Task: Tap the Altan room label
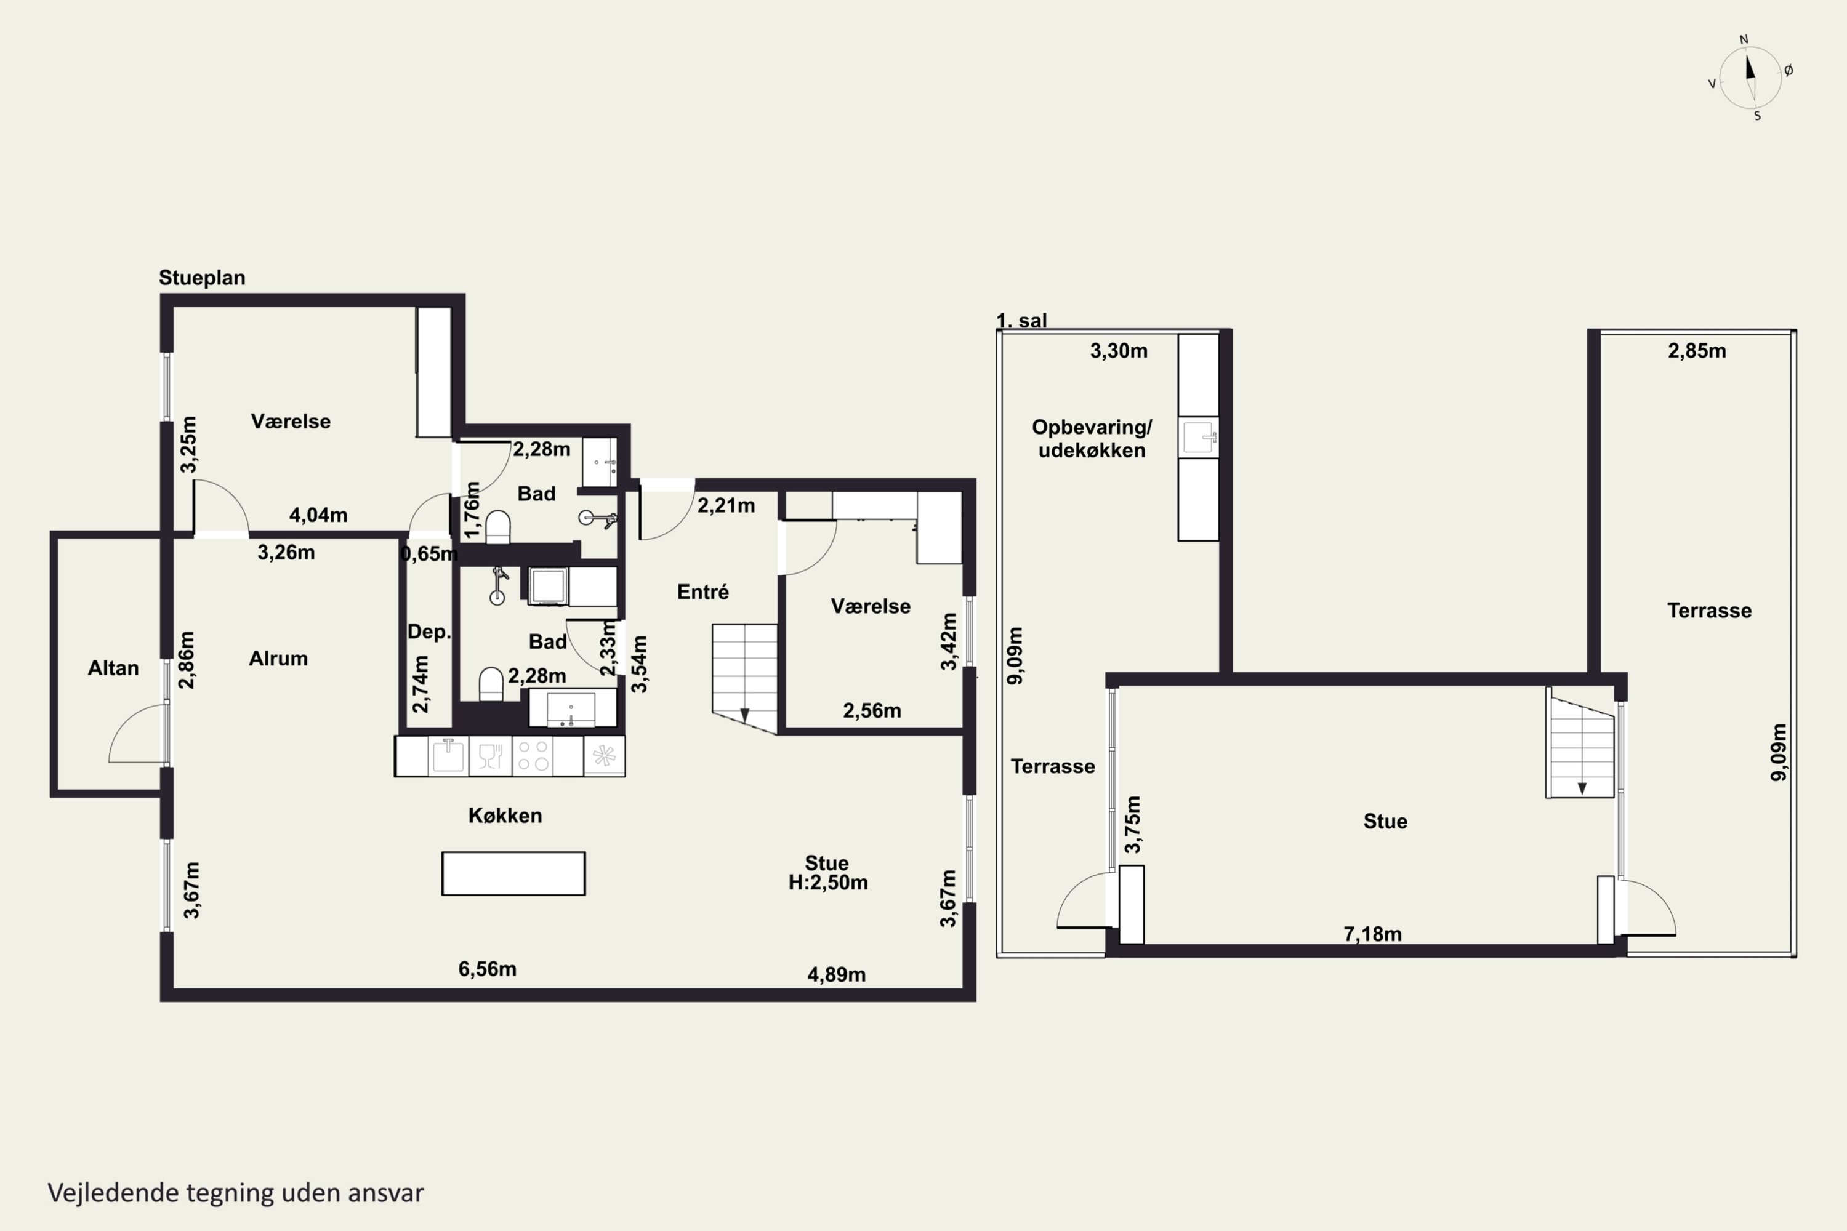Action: pos(113,668)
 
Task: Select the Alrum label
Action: pos(278,659)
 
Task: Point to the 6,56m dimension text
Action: pos(488,969)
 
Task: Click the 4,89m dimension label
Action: pos(836,974)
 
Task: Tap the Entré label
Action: pos(703,592)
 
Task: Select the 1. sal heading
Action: pos(1021,320)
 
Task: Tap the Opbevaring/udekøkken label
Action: pos(1092,439)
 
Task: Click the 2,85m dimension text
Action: pos(1697,351)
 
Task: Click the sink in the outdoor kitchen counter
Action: pos(1198,437)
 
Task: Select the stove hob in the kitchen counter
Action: pos(532,756)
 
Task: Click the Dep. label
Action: pos(429,632)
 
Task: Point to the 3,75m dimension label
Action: pos(1132,824)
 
